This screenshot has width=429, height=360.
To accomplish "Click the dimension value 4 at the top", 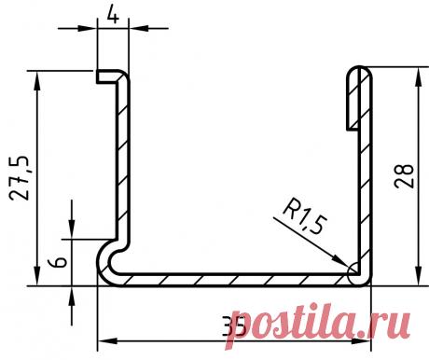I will [112, 15].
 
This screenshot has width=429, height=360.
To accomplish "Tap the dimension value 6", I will [59, 263].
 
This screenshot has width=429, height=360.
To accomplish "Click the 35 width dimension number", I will [234, 327].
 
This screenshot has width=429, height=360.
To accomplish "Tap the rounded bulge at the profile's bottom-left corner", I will [108, 264].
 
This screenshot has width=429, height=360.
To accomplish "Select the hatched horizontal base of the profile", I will [233, 279].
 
